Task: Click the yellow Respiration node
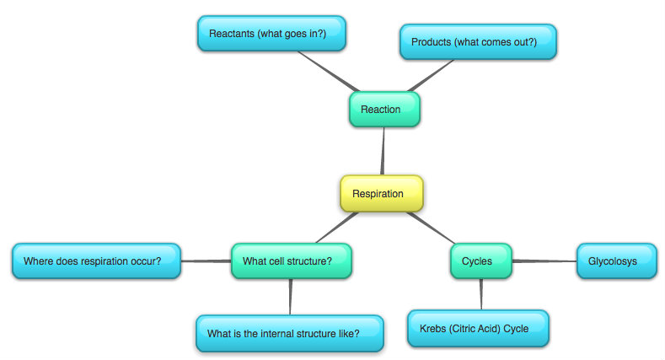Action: tap(382, 193)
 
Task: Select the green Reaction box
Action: tap(384, 110)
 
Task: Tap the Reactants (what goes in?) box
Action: tap(272, 34)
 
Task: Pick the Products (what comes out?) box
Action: tap(478, 41)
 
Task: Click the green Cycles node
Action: tap(481, 261)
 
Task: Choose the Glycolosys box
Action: tap(617, 261)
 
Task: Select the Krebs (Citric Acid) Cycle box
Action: tap(478, 328)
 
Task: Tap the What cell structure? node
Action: tap(292, 261)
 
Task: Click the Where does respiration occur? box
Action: tap(96, 261)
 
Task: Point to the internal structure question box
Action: tap(290, 333)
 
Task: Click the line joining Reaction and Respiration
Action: tap(383, 151)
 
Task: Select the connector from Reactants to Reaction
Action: tap(329, 72)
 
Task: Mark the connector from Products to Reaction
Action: tap(431, 76)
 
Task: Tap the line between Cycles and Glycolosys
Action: tap(544, 261)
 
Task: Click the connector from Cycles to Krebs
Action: tap(481, 294)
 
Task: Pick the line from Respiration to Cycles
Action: tap(431, 228)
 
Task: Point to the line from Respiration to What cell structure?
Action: tap(337, 228)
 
